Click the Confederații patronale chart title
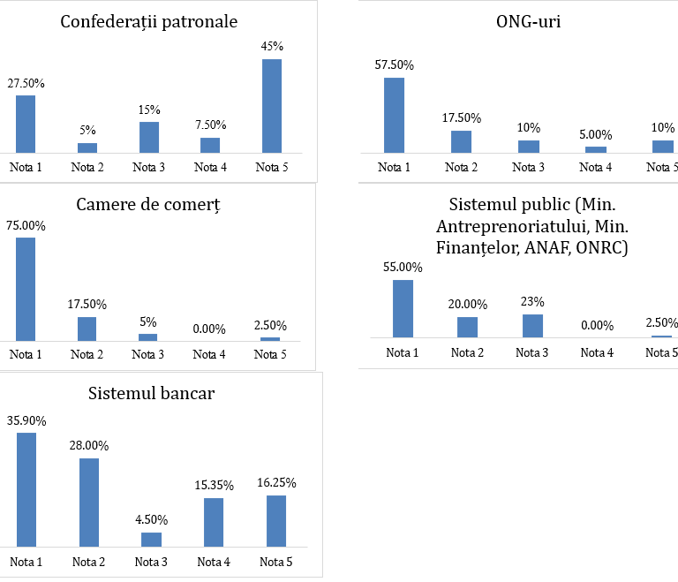[148, 21]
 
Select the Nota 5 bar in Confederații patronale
[272, 106]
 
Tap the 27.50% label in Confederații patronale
[26, 83]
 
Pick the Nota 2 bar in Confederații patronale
[87, 147]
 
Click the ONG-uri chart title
[528, 21]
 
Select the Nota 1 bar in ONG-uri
[394, 115]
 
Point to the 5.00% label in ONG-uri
[596, 134]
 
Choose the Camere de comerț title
[147, 205]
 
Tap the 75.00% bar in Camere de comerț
[26, 289]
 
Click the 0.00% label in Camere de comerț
[209, 329]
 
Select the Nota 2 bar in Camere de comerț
[87, 329]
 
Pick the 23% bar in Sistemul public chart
[532, 326]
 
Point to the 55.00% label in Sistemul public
[403, 268]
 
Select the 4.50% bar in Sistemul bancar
[152, 539]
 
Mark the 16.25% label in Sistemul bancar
[276, 483]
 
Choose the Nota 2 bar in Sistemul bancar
[89, 502]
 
